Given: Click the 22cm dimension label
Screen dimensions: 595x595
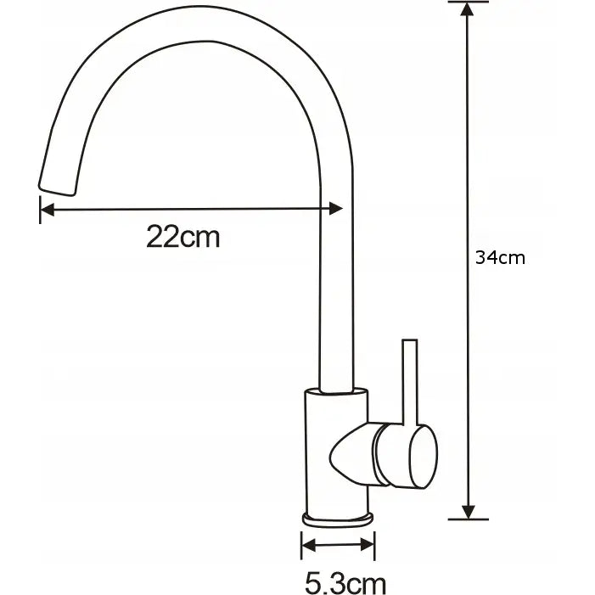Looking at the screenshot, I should tap(182, 237).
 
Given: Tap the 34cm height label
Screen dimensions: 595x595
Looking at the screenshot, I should tap(500, 258).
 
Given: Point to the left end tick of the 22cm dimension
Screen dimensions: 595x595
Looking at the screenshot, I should tap(40, 209).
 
